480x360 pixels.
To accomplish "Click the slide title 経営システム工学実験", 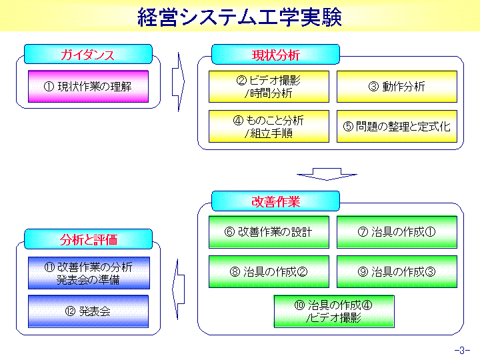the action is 240,17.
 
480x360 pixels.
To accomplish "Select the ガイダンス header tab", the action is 88,54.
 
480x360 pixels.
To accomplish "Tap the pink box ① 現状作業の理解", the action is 88,87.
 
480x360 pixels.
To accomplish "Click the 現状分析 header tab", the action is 275,55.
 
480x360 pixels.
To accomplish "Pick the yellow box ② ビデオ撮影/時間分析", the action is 269,87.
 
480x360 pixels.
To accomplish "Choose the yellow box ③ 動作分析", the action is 397,87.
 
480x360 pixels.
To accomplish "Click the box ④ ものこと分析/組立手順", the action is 269,127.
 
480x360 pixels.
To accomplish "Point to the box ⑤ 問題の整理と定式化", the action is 397,127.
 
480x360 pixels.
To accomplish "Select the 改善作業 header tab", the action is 275,201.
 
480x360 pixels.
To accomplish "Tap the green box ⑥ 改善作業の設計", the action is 269,232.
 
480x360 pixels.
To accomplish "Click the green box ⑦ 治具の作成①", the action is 397,232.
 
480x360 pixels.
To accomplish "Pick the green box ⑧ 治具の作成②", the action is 269,272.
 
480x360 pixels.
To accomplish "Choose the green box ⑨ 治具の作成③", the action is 397,272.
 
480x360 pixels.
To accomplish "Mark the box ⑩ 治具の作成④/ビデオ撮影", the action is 334,311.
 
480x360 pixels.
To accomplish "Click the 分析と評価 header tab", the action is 88,239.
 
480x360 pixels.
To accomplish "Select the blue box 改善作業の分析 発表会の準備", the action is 89,273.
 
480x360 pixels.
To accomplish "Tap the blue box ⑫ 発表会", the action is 88,311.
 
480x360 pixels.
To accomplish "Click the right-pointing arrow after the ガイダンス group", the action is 179,82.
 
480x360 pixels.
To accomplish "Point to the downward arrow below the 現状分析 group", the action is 327,174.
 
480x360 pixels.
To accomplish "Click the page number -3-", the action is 462,350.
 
